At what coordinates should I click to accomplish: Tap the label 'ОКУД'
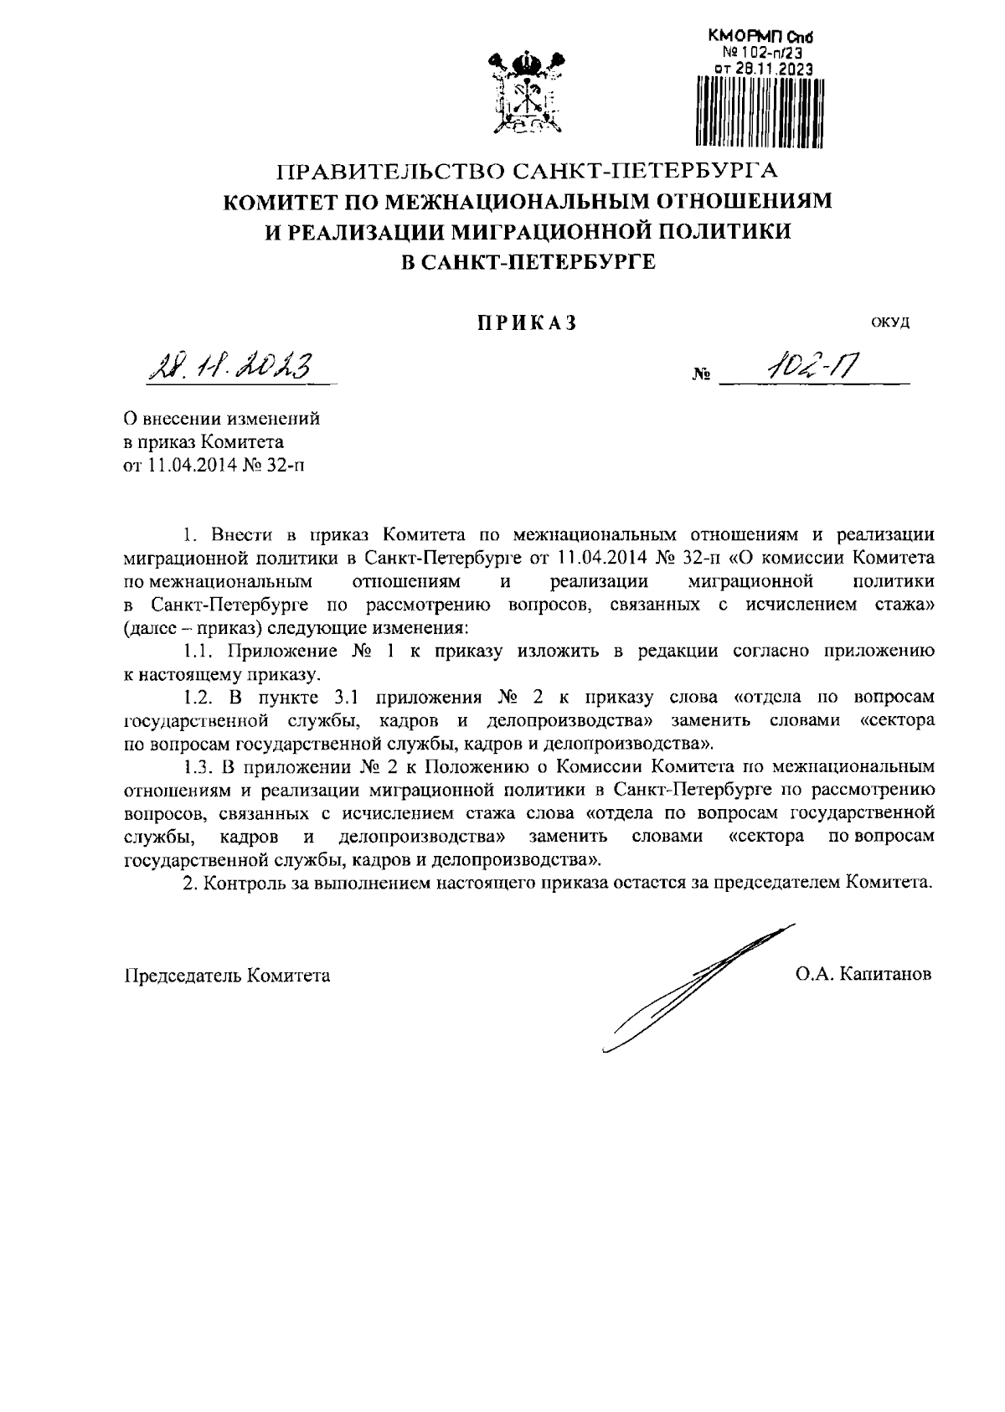[890, 323]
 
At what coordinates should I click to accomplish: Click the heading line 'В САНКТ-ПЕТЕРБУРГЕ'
[528, 262]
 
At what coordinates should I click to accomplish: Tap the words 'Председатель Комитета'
[227, 976]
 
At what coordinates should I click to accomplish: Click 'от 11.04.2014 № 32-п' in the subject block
[214, 466]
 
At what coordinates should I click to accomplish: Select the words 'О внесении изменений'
[221, 416]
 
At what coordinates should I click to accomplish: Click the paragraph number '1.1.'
[199, 651]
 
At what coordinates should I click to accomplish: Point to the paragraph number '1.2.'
[199, 697]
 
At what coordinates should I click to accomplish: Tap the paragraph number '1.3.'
[199, 766]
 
